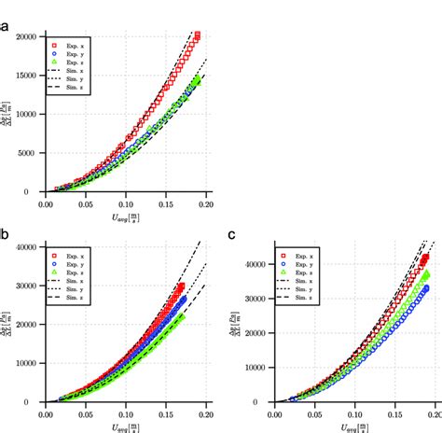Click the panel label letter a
coord(6,27)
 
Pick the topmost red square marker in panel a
coord(197,35)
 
